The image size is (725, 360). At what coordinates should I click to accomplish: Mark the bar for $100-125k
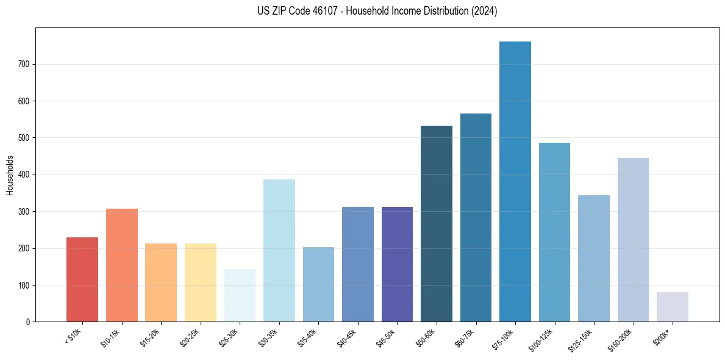pos(554,232)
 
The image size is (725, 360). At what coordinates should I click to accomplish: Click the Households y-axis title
pos(10,175)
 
